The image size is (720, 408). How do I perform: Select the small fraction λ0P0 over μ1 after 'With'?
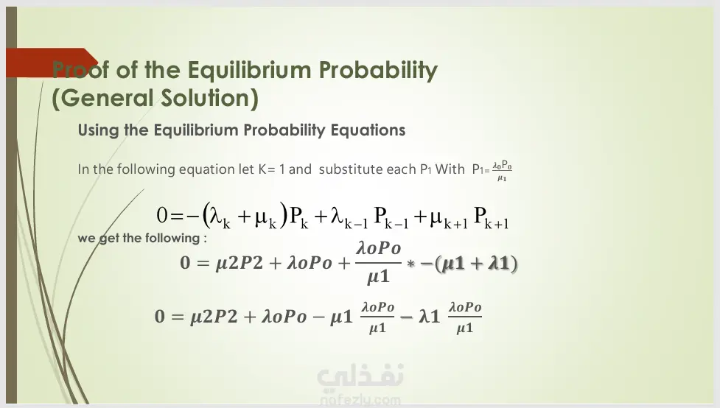coord(502,171)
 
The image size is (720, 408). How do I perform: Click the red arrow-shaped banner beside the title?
coord(52,63)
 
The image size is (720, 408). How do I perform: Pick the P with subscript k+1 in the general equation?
coord(491,217)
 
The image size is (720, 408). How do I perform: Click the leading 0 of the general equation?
coord(162,215)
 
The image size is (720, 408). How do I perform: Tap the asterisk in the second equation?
coord(410,264)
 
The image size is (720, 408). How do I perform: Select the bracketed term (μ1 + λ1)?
coord(476,264)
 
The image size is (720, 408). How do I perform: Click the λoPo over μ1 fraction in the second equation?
coord(378,262)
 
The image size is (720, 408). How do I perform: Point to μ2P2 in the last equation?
coord(214,317)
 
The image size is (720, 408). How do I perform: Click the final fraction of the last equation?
coord(465,317)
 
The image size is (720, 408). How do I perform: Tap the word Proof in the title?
coord(80,70)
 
